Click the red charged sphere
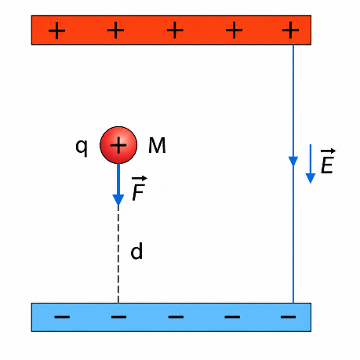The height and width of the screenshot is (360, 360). pos(118,145)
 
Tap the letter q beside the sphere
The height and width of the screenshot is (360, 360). pos(82,147)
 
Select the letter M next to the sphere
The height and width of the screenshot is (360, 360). pos(157,145)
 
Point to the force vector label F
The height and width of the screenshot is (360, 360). pos(138,192)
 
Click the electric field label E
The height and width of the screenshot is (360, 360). pos(327,165)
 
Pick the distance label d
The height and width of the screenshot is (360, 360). pos(136,251)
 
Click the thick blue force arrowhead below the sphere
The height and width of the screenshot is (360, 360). pos(118,200)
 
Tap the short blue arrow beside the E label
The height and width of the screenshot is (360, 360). pos(311,164)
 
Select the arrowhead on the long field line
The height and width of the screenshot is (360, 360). pos(293,161)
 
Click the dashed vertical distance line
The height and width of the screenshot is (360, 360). pos(118,255)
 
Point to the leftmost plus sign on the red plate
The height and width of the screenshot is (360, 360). pos(56,31)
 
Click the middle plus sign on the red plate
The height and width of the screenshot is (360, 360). pos(175,30)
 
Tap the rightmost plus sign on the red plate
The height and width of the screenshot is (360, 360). pos(290,30)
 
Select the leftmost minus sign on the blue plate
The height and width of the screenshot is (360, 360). pos(62,317)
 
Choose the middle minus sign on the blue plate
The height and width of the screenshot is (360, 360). pos(176,317)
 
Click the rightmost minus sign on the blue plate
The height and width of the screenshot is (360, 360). pos(288,317)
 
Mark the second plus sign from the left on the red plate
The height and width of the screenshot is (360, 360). pos(115,30)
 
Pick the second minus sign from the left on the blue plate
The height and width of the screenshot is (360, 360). pos(118,317)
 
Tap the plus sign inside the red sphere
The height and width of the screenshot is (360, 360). pos(118,145)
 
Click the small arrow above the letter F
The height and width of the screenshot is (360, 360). pos(140,179)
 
